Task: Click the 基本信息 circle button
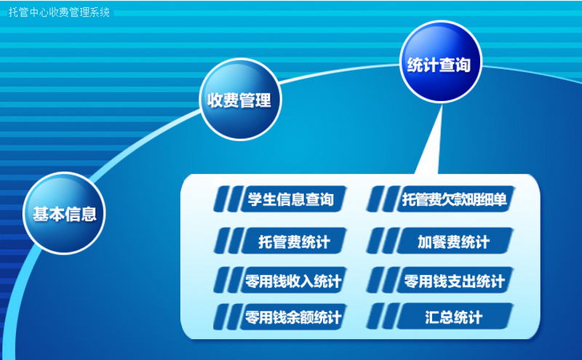[x=64, y=213]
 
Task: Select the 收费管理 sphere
[x=240, y=100]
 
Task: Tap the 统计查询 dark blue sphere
[x=441, y=62]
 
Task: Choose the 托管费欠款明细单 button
[x=455, y=199]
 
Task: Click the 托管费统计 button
[x=294, y=241]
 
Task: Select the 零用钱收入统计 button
[x=293, y=280]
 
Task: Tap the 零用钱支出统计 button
[x=455, y=280]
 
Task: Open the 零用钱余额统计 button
[x=293, y=316]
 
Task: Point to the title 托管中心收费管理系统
[x=59, y=12]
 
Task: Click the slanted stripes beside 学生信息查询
[x=228, y=199]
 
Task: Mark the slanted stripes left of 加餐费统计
[x=383, y=241]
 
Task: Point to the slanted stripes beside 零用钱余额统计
[x=228, y=316]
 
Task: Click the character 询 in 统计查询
[x=463, y=65]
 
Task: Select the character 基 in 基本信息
[x=41, y=214]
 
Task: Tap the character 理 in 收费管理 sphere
[x=263, y=100]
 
